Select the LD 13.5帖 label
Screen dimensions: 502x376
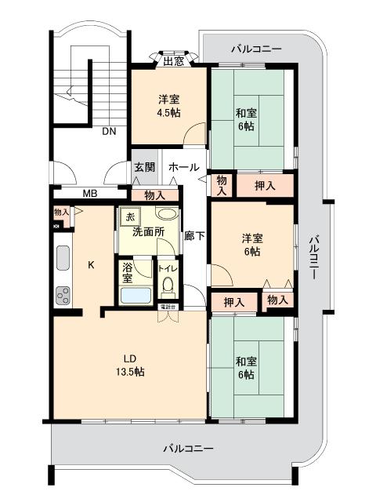129,365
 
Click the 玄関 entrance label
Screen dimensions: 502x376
143,167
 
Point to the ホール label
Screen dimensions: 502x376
183,167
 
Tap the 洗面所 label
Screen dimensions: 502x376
146,231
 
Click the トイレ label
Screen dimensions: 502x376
168,268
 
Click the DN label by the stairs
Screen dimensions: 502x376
108,132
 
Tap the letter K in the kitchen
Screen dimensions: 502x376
91,264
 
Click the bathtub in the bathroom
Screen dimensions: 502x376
136,296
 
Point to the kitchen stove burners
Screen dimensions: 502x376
62,296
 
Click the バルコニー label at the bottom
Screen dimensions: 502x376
189,448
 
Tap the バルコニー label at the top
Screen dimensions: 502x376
256,49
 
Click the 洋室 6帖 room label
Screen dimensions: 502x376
251,245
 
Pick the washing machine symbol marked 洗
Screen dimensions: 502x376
130,216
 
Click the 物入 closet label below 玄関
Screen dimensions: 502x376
154,195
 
